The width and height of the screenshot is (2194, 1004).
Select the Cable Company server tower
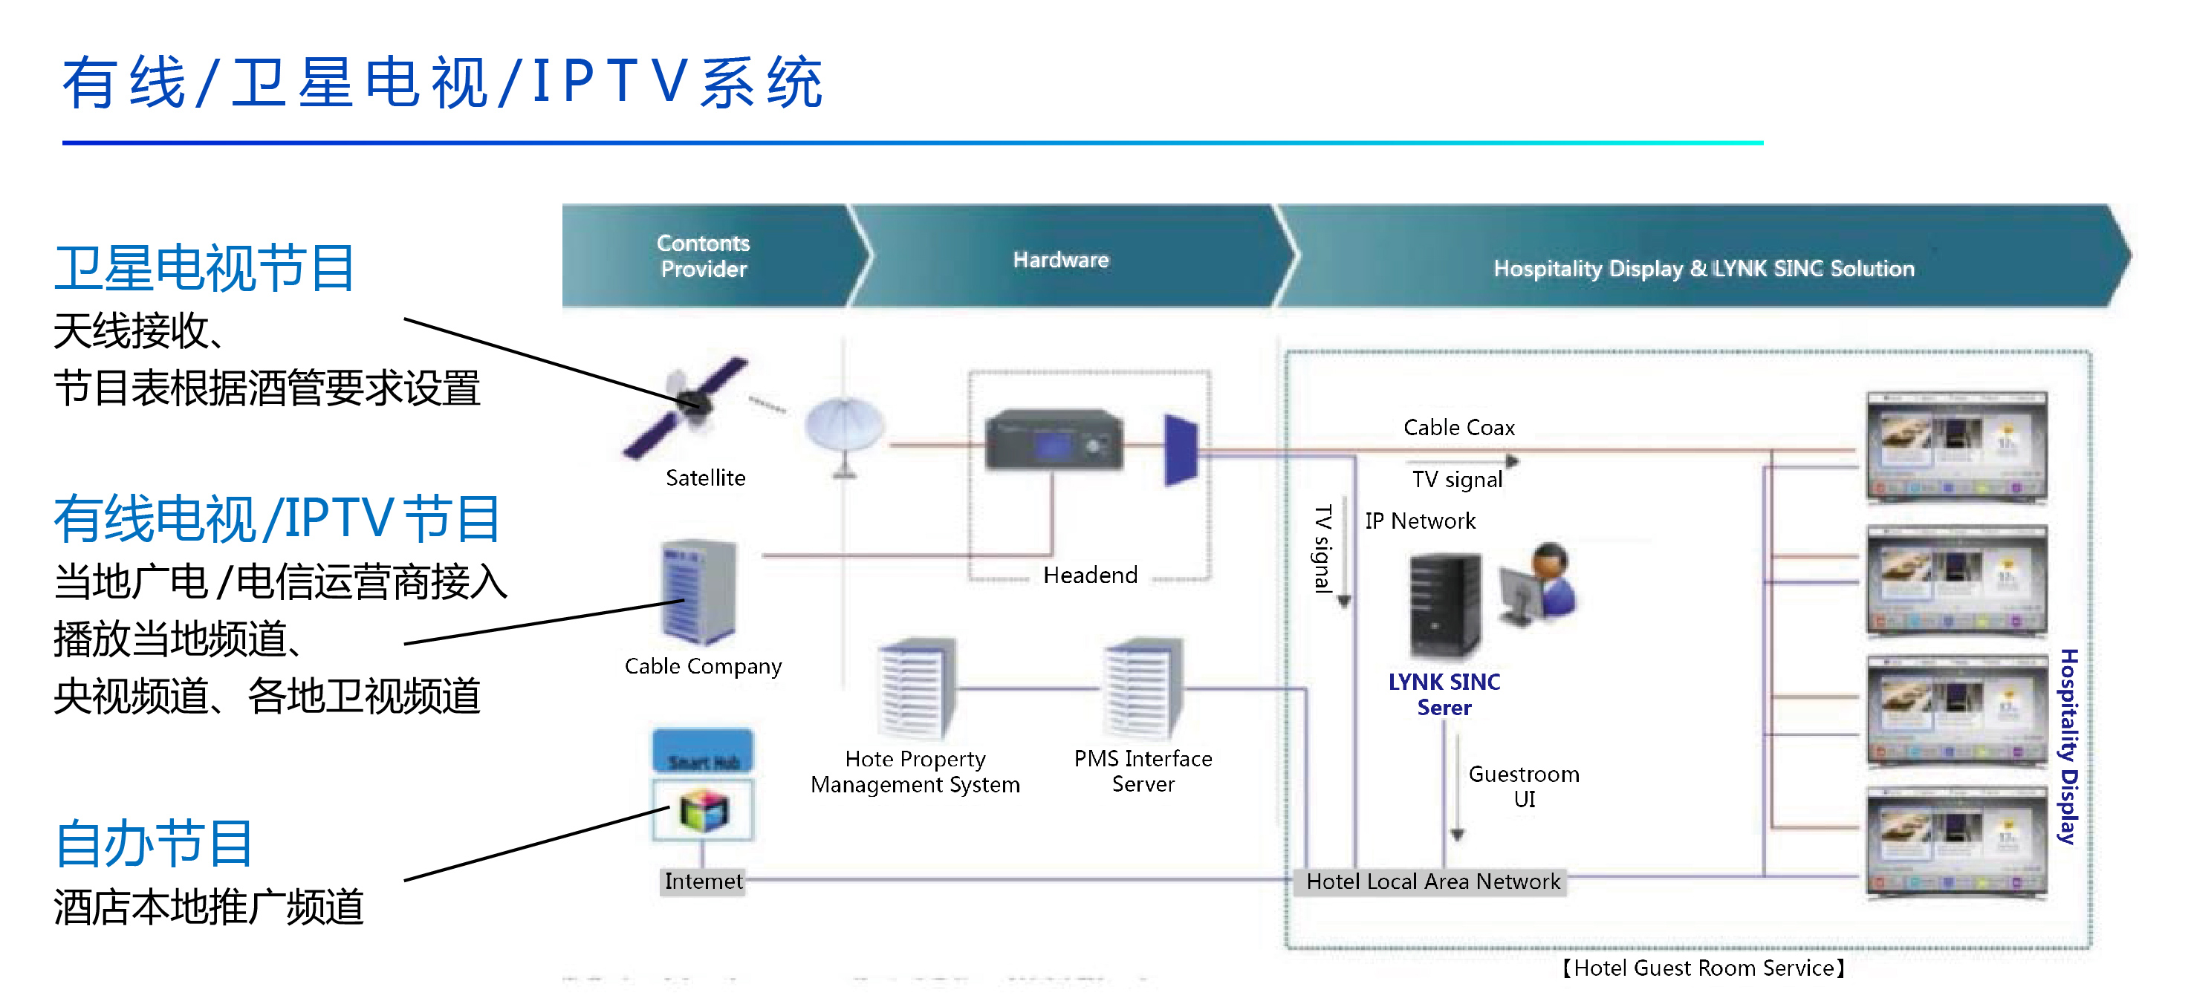coord(698,592)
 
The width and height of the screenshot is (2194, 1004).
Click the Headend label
coord(1089,576)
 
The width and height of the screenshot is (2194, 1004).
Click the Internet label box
coord(703,881)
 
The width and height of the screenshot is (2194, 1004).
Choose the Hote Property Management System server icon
coord(915,688)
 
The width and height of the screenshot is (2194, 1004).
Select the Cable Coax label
coord(1458,428)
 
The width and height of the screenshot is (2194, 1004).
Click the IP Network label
coord(1420,521)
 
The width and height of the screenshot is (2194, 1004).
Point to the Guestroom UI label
coord(1524,786)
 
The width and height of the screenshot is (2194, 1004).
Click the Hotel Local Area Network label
coord(1432,881)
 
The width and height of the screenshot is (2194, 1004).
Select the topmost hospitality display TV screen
coord(1956,447)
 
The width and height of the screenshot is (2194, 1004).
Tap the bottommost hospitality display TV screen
coord(1956,841)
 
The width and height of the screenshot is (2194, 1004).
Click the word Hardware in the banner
coord(1060,260)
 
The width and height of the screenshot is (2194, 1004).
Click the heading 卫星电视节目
coord(204,268)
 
